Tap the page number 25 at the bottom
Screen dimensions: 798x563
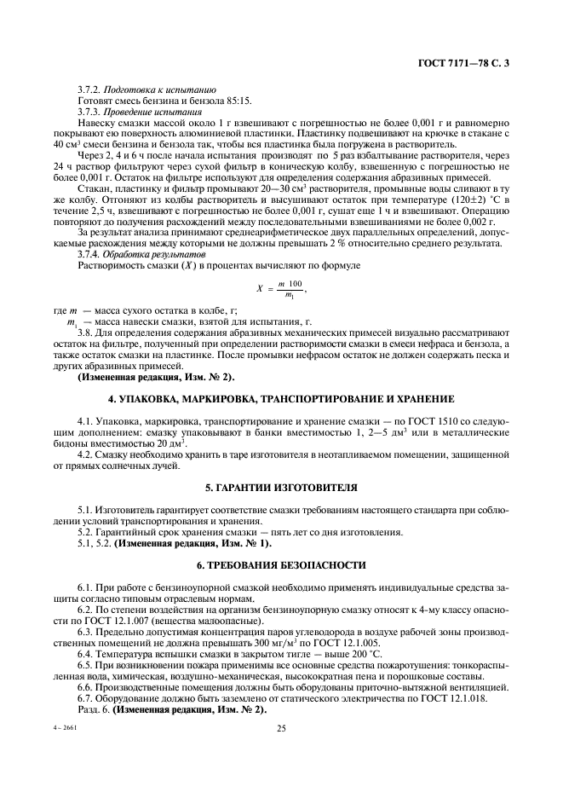pyautogui.click(x=280, y=728)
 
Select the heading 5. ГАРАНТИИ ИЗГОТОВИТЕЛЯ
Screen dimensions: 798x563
pyautogui.click(x=280, y=489)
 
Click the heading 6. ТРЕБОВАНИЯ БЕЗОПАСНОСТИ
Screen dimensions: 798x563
pyautogui.click(x=280, y=565)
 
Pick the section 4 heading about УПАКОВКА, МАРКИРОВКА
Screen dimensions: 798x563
pyautogui.click(x=280, y=399)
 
